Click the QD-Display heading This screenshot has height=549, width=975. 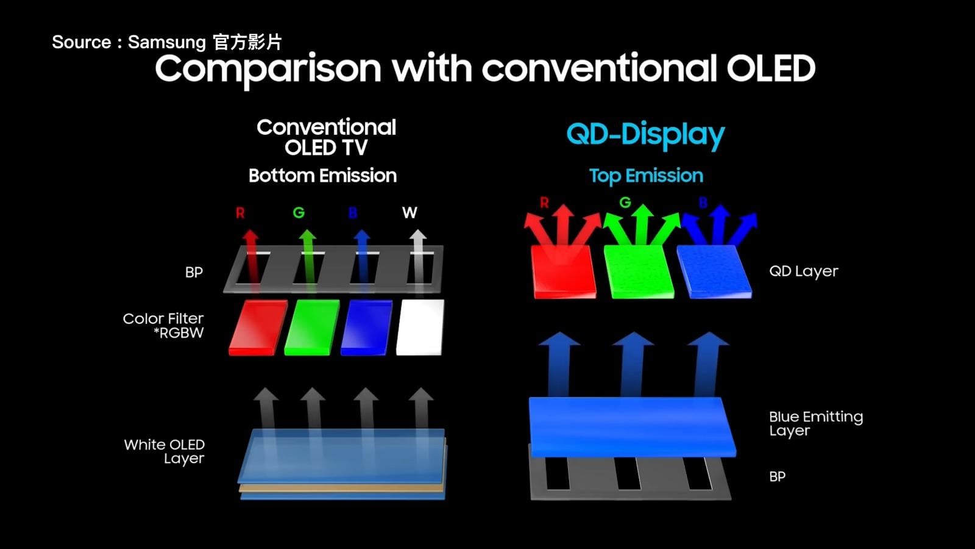[x=645, y=135]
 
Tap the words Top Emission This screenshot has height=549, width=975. [x=646, y=176]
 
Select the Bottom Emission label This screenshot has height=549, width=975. [x=322, y=176]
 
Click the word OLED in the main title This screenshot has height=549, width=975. [x=771, y=68]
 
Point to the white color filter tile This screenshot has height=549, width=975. [x=420, y=327]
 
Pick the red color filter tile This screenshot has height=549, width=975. [x=258, y=327]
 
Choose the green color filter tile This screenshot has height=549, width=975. [x=311, y=327]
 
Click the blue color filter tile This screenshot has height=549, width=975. [x=366, y=327]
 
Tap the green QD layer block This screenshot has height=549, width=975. [x=639, y=272]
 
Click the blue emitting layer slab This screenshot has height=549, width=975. [x=632, y=427]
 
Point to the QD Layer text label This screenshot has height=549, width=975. [x=804, y=271]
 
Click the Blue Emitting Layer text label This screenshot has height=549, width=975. [x=816, y=423]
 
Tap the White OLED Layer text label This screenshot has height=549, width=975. [x=164, y=451]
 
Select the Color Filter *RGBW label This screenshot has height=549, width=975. [x=163, y=326]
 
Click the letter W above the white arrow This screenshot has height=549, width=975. [x=409, y=213]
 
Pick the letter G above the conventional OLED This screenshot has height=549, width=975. [x=299, y=213]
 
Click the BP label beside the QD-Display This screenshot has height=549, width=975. [x=778, y=476]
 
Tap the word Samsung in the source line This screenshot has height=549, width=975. [x=167, y=42]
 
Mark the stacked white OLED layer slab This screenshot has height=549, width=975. [x=342, y=464]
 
